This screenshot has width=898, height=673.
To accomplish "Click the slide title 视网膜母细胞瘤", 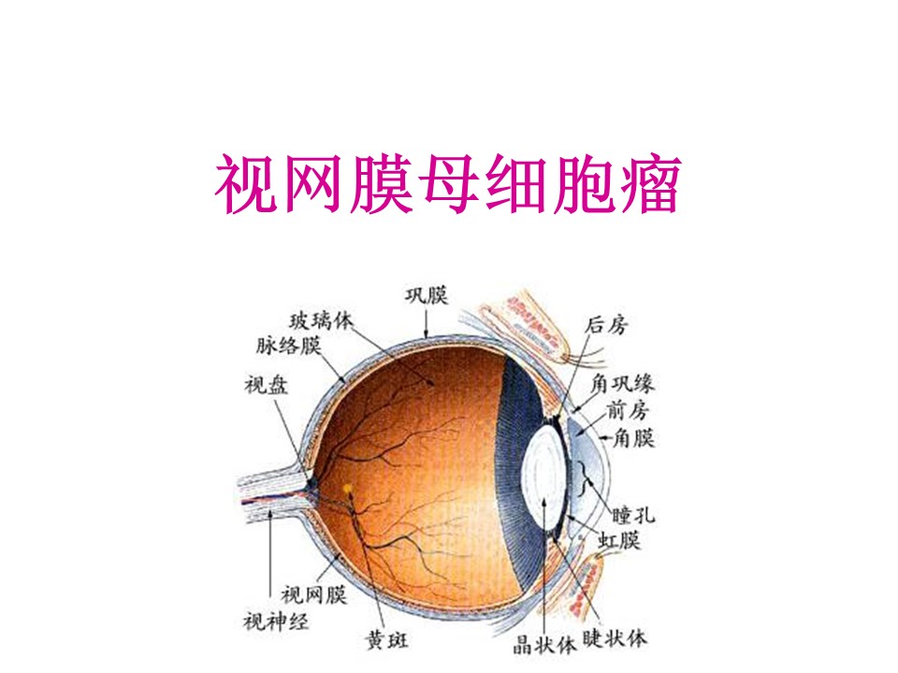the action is (448, 183).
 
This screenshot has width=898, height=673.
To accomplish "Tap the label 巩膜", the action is (427, 296).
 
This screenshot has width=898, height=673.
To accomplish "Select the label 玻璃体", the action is (322, 321).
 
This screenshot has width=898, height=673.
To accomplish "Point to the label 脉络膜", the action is (289, 346).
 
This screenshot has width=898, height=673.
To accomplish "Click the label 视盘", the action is (267, 385).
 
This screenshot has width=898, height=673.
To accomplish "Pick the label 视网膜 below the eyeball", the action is (314, 595).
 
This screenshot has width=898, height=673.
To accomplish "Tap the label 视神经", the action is (276, 621).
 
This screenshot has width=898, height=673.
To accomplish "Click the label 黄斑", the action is (387, 639).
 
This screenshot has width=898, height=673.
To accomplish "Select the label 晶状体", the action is (544, 646).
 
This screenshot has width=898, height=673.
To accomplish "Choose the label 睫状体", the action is (615, 638).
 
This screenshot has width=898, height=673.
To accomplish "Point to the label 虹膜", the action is (619, 539).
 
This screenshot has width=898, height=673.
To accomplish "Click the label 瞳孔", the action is (633, 514).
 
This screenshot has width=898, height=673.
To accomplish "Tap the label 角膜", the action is (633, 438).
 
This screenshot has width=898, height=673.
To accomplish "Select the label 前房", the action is (628, 410).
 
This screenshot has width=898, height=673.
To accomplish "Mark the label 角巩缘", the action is (622, 383).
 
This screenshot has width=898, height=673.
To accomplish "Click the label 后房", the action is (606, 325).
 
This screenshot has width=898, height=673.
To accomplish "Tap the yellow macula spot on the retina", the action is (348, 489).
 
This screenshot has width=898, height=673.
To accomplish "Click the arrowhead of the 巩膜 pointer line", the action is (427, 335).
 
